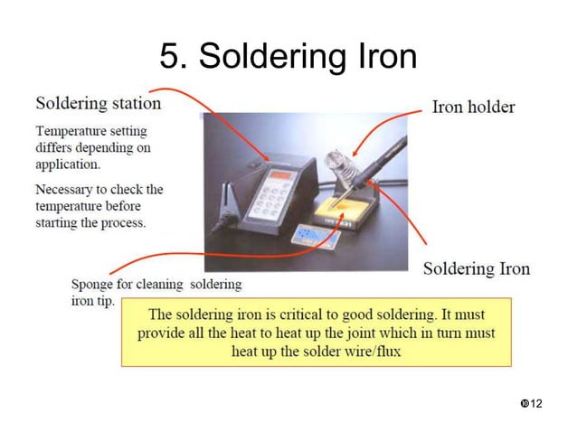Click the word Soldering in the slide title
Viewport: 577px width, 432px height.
pyautogui.click(x=268, y=57)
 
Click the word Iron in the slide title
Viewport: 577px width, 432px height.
pyautogui.click(x=381, y=57)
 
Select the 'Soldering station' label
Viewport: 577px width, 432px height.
pyautogui.click(x=98, y=103)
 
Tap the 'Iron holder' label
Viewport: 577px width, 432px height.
pyautogui.click(x=473, y=107)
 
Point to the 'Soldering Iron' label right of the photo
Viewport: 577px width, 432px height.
pyautogui.click(x=477, y=268)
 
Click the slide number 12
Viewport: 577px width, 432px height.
pyautogui.click(x=536, y=402)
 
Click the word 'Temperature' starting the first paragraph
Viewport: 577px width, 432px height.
pyautogui.click(x=71, y=131)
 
